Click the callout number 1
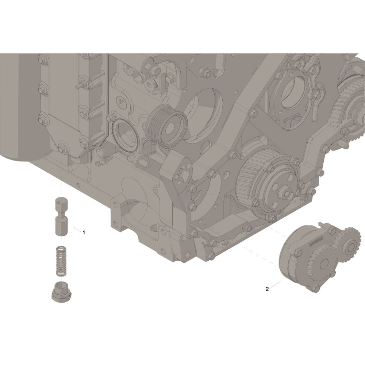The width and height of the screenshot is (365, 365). click(x=84, y=232)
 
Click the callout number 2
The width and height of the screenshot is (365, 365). click(x=267, y=289)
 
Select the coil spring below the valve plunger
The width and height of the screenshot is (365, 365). click(x=61, y=261)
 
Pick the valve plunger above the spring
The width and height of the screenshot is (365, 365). click(x=61, y=216)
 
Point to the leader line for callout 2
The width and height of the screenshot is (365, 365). click(x=275, y=285)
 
